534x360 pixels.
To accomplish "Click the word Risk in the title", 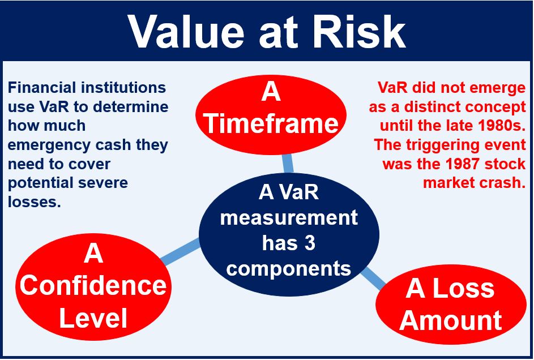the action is coord(359,32).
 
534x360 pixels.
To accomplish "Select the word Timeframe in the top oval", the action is coord(271,123).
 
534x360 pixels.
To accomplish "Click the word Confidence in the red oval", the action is coord(93,285).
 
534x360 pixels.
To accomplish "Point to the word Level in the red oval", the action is coord(93,318).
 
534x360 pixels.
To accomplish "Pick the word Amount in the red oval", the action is coord(451,320).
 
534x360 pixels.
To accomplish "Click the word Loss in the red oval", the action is coord(463,288).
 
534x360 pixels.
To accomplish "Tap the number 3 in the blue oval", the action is coord(310,243).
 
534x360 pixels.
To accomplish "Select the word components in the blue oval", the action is coord(288,269).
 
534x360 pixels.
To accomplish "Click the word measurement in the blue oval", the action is coord(289,218).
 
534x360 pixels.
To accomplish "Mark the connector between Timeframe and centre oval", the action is coord(288,164).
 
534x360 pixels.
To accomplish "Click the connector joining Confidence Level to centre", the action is coord(180,251).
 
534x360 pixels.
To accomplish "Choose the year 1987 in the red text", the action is coord(464,164).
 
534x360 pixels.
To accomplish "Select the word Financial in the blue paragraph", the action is coord(42,88).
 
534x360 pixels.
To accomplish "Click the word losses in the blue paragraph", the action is coord(34,202).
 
